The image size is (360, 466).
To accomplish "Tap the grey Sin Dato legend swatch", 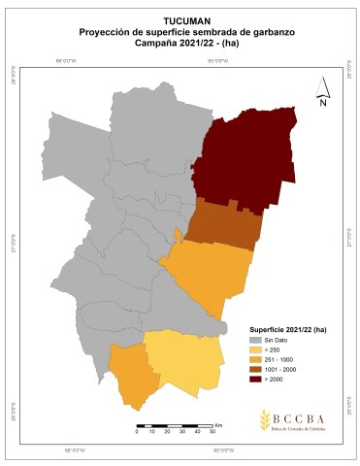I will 256,341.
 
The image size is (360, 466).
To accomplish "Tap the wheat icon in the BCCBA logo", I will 266,419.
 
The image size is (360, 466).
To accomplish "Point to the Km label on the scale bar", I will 219,424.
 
